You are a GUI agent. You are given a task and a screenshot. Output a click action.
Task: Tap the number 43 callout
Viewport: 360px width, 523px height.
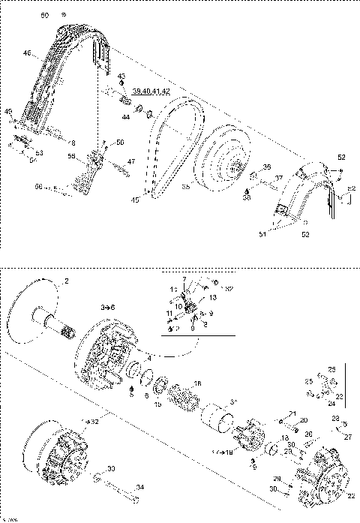[x=121, y=76]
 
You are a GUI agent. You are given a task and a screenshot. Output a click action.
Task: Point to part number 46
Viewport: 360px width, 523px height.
[x=27, y=53]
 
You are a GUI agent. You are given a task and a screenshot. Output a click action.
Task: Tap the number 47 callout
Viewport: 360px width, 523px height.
[x=130, y=161]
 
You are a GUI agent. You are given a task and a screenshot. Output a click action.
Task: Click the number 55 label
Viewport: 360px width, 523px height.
[x=72, y=156]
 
